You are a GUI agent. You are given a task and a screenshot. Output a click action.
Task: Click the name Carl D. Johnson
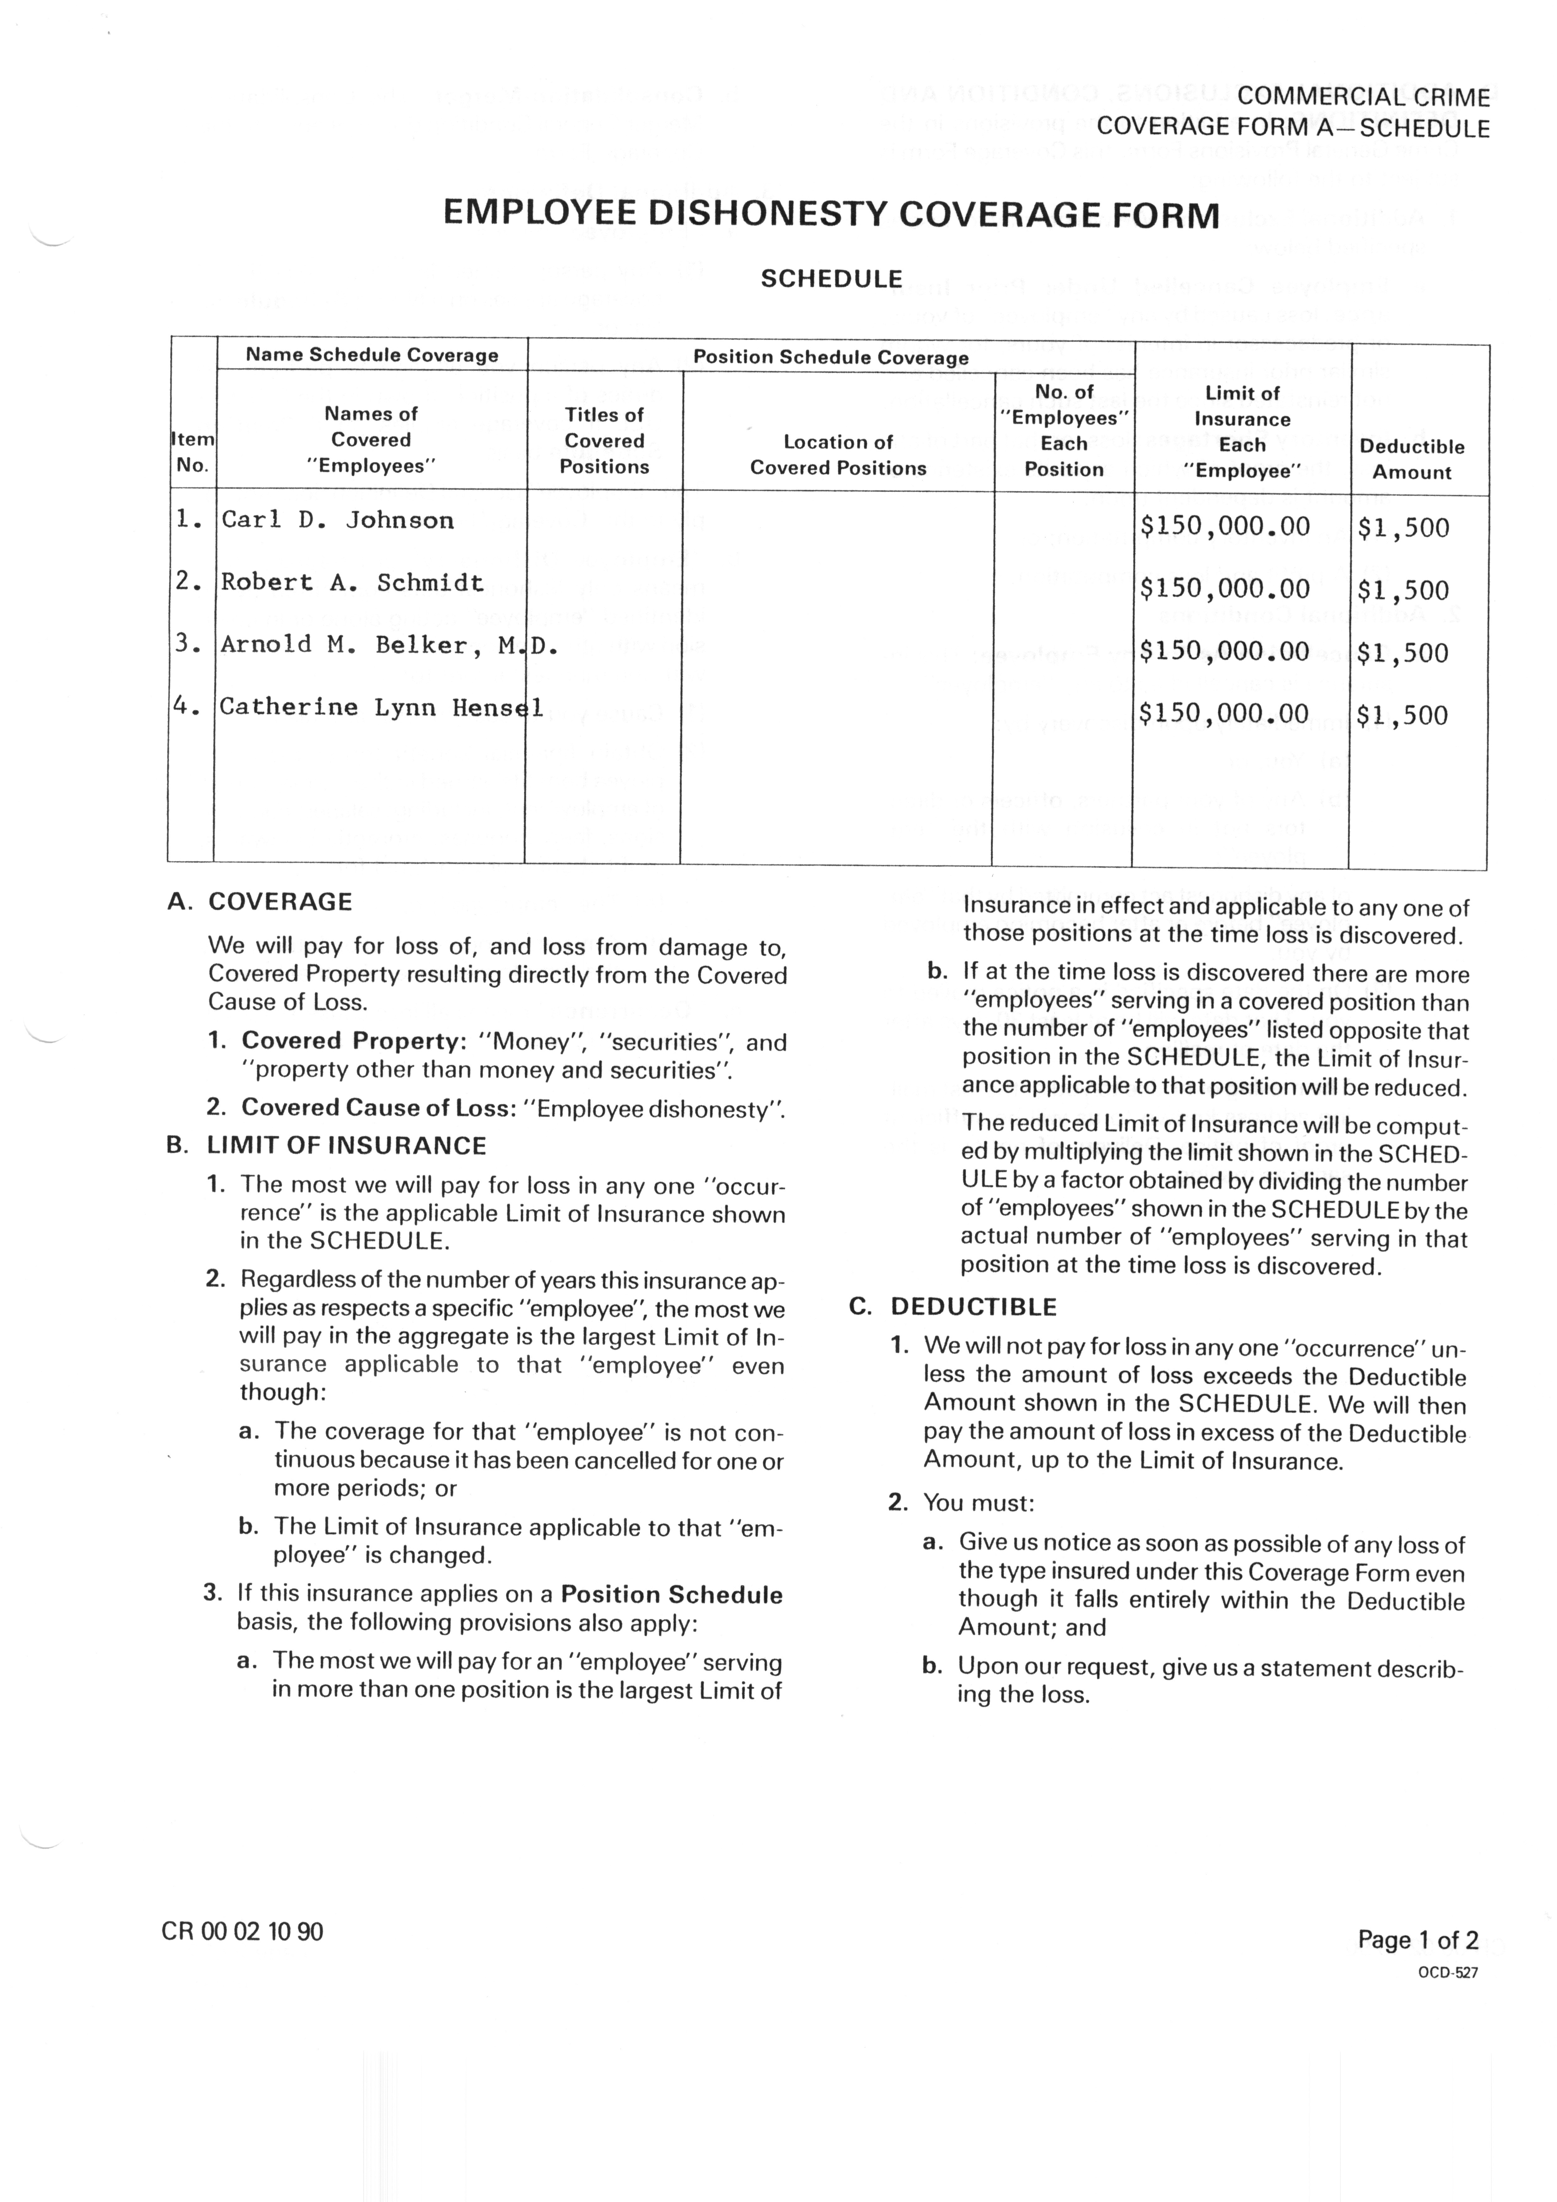(338, 521)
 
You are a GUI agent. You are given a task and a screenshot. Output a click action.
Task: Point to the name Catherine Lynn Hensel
(381, 708)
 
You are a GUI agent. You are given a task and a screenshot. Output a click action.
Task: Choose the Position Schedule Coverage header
(831, 358)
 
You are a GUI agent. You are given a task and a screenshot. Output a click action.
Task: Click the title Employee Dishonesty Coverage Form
(831, 214)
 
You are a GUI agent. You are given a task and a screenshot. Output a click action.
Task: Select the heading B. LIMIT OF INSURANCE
(326, 1146)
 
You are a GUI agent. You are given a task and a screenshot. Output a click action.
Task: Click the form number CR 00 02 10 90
(243, 1932)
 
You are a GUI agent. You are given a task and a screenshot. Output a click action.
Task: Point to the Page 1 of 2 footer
(1417, 1940)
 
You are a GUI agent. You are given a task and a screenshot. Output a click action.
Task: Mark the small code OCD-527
(1448, 1973)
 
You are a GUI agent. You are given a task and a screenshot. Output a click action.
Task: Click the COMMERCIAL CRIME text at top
(1363, 97)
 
